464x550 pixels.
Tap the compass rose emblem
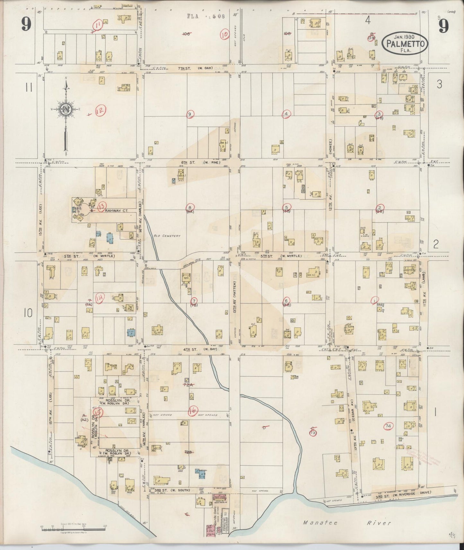[66, 109]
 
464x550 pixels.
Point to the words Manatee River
[347, 523]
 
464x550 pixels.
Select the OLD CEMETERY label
[167, 236]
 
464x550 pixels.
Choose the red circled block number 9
[190, 114]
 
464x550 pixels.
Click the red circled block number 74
[388, 426]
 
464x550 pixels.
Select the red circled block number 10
[224, 35]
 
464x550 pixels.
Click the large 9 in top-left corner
[26, 24]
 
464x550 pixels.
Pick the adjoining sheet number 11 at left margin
[29, 88]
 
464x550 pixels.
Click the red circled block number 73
[313, 433]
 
